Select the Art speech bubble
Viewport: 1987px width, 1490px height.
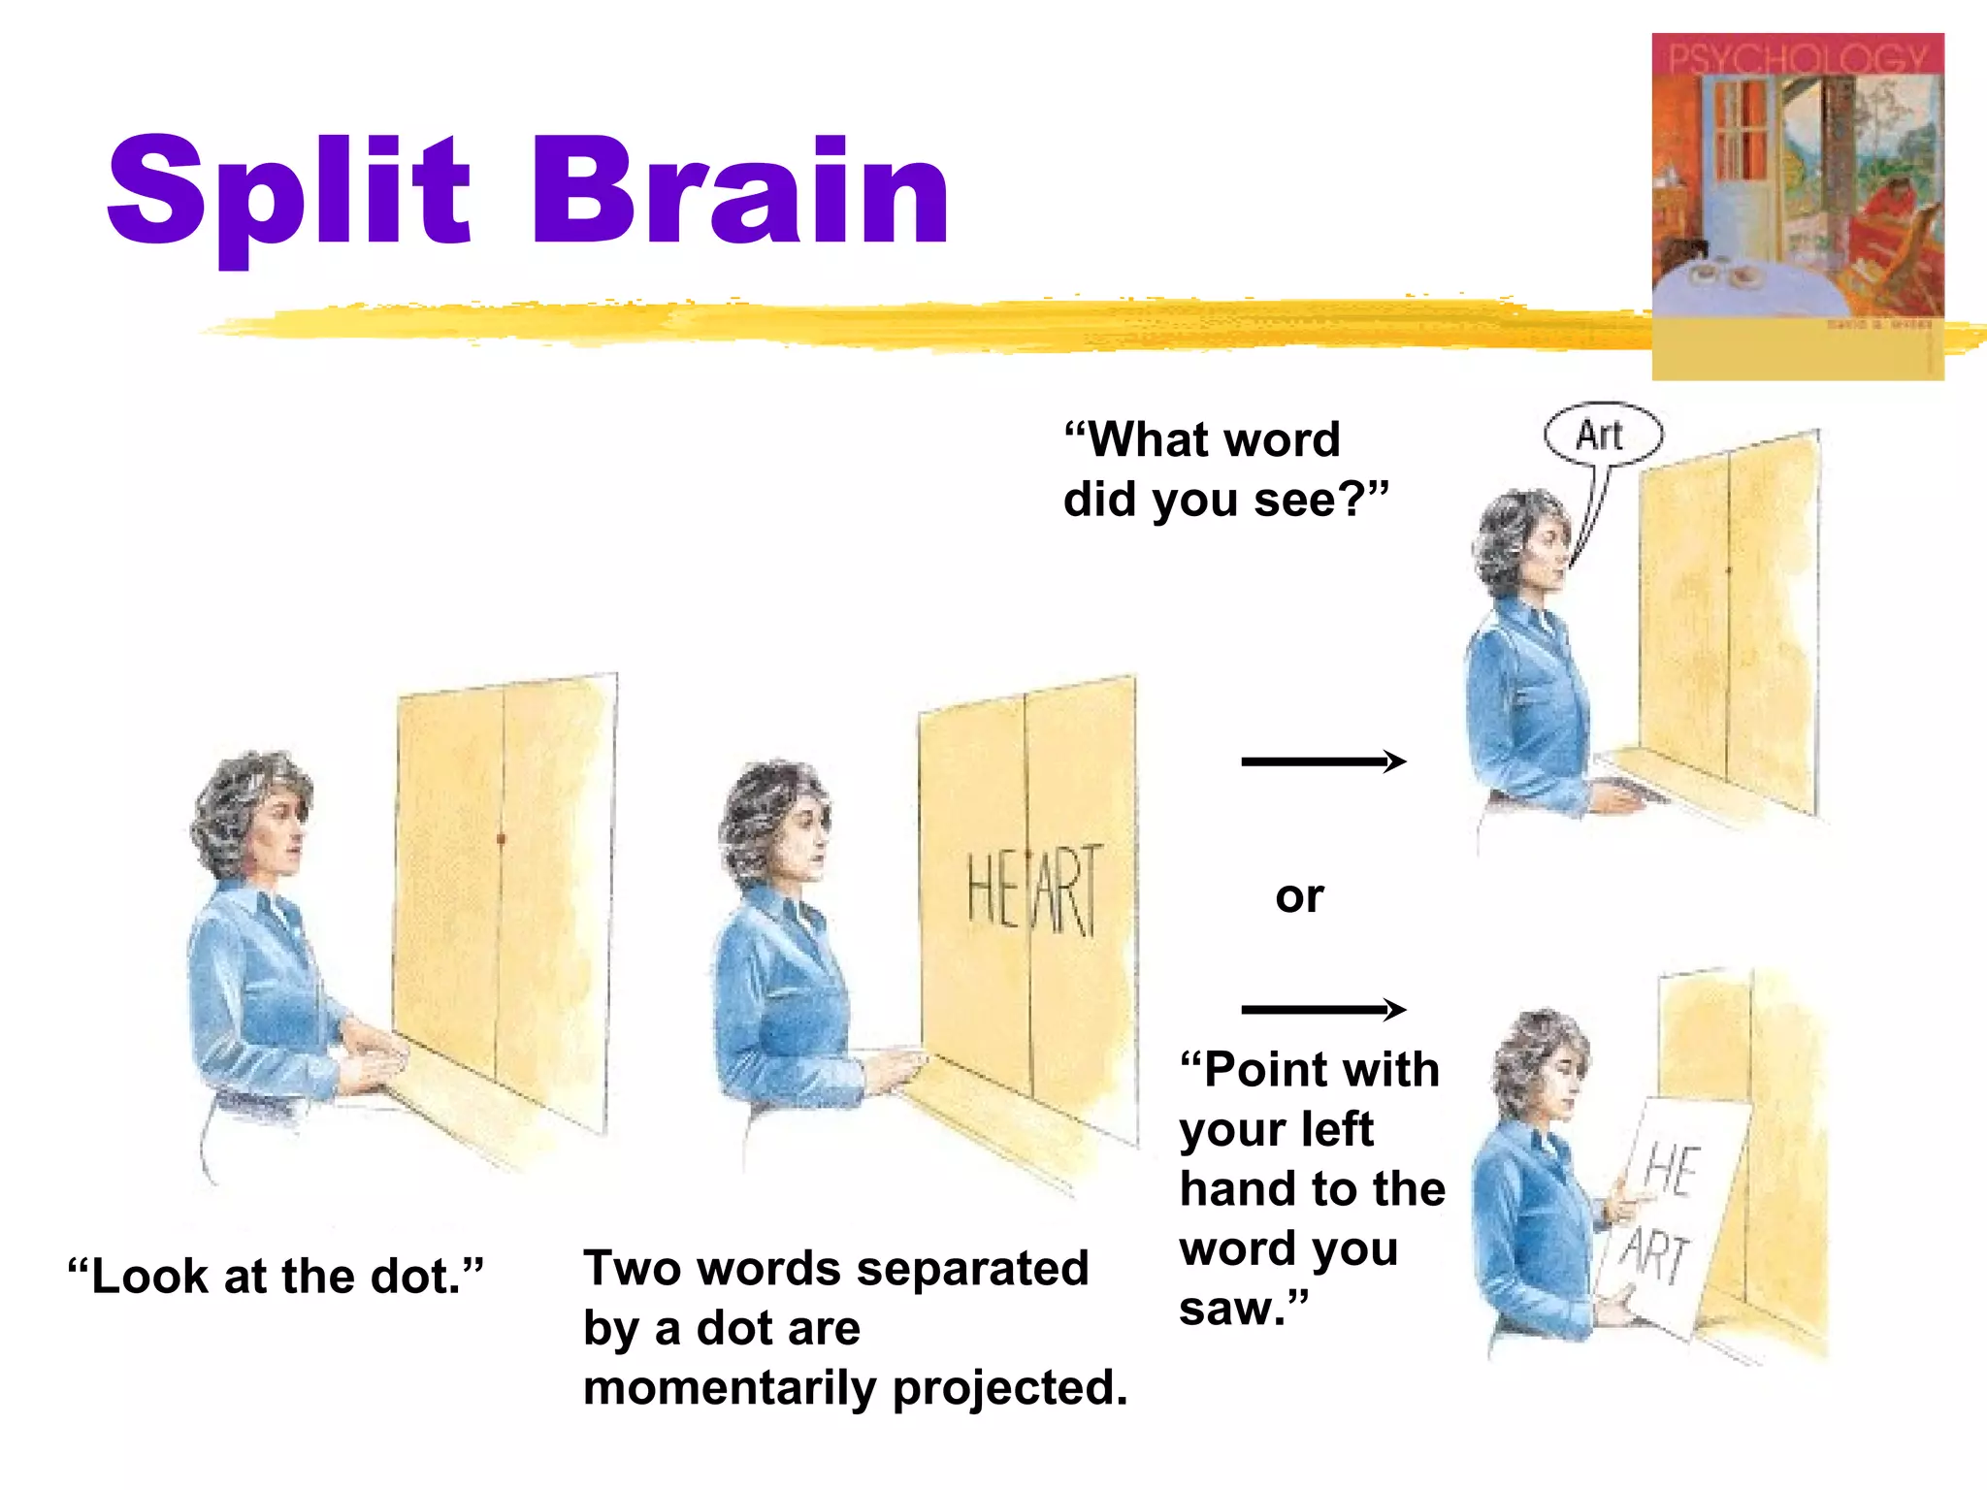pyautogui.click(x=1602, y=435)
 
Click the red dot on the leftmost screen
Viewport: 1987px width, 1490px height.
pyautogui.click(x=501, y=837)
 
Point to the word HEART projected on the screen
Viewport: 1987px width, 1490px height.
pyautogui.click(x=1034, y=891)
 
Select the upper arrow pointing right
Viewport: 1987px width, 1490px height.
pyautogui.click(x=1323, y=761)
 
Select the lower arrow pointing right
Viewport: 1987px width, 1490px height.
pyautogui.click(x=1323, y=1010)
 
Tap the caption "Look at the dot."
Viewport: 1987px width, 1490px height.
pyautogui.click(x=276, y=1276)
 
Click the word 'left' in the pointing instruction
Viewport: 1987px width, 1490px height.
pyautogui.click(x=1337, y=1130)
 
